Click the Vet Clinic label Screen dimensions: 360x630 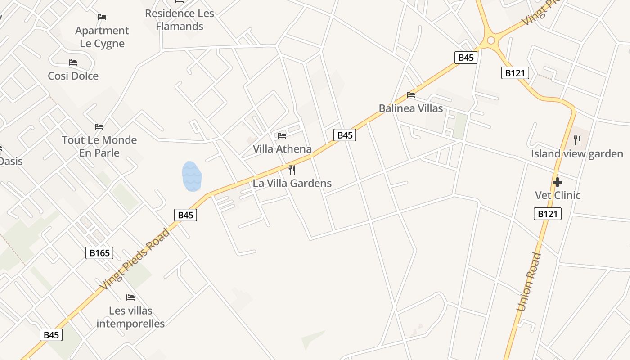(558, 195)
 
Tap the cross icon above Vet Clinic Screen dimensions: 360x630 (558, 182)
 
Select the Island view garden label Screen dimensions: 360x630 (577, 154)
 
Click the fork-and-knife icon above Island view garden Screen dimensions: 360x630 (577, 140)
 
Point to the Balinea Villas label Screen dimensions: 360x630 (410, 108)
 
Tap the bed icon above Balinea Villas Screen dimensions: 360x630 (410, 95)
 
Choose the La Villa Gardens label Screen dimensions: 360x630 (292, 183)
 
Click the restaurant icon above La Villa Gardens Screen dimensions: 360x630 (292, 170)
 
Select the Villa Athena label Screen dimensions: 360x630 (282, 149)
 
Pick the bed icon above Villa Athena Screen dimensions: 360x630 (282, 135)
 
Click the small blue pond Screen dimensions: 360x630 (192, 176)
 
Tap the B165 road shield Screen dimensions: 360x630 (99, 253)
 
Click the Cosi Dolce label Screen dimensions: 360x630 (73, 76)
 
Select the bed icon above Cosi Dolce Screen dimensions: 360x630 (73, 63)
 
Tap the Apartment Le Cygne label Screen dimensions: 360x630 (102, 37)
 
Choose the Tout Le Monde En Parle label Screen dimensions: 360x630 (99, 146)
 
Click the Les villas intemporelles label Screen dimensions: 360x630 (130, 317)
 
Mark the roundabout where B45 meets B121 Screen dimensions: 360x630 (490, 40)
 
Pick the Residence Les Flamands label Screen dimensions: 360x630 (180, 20)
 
